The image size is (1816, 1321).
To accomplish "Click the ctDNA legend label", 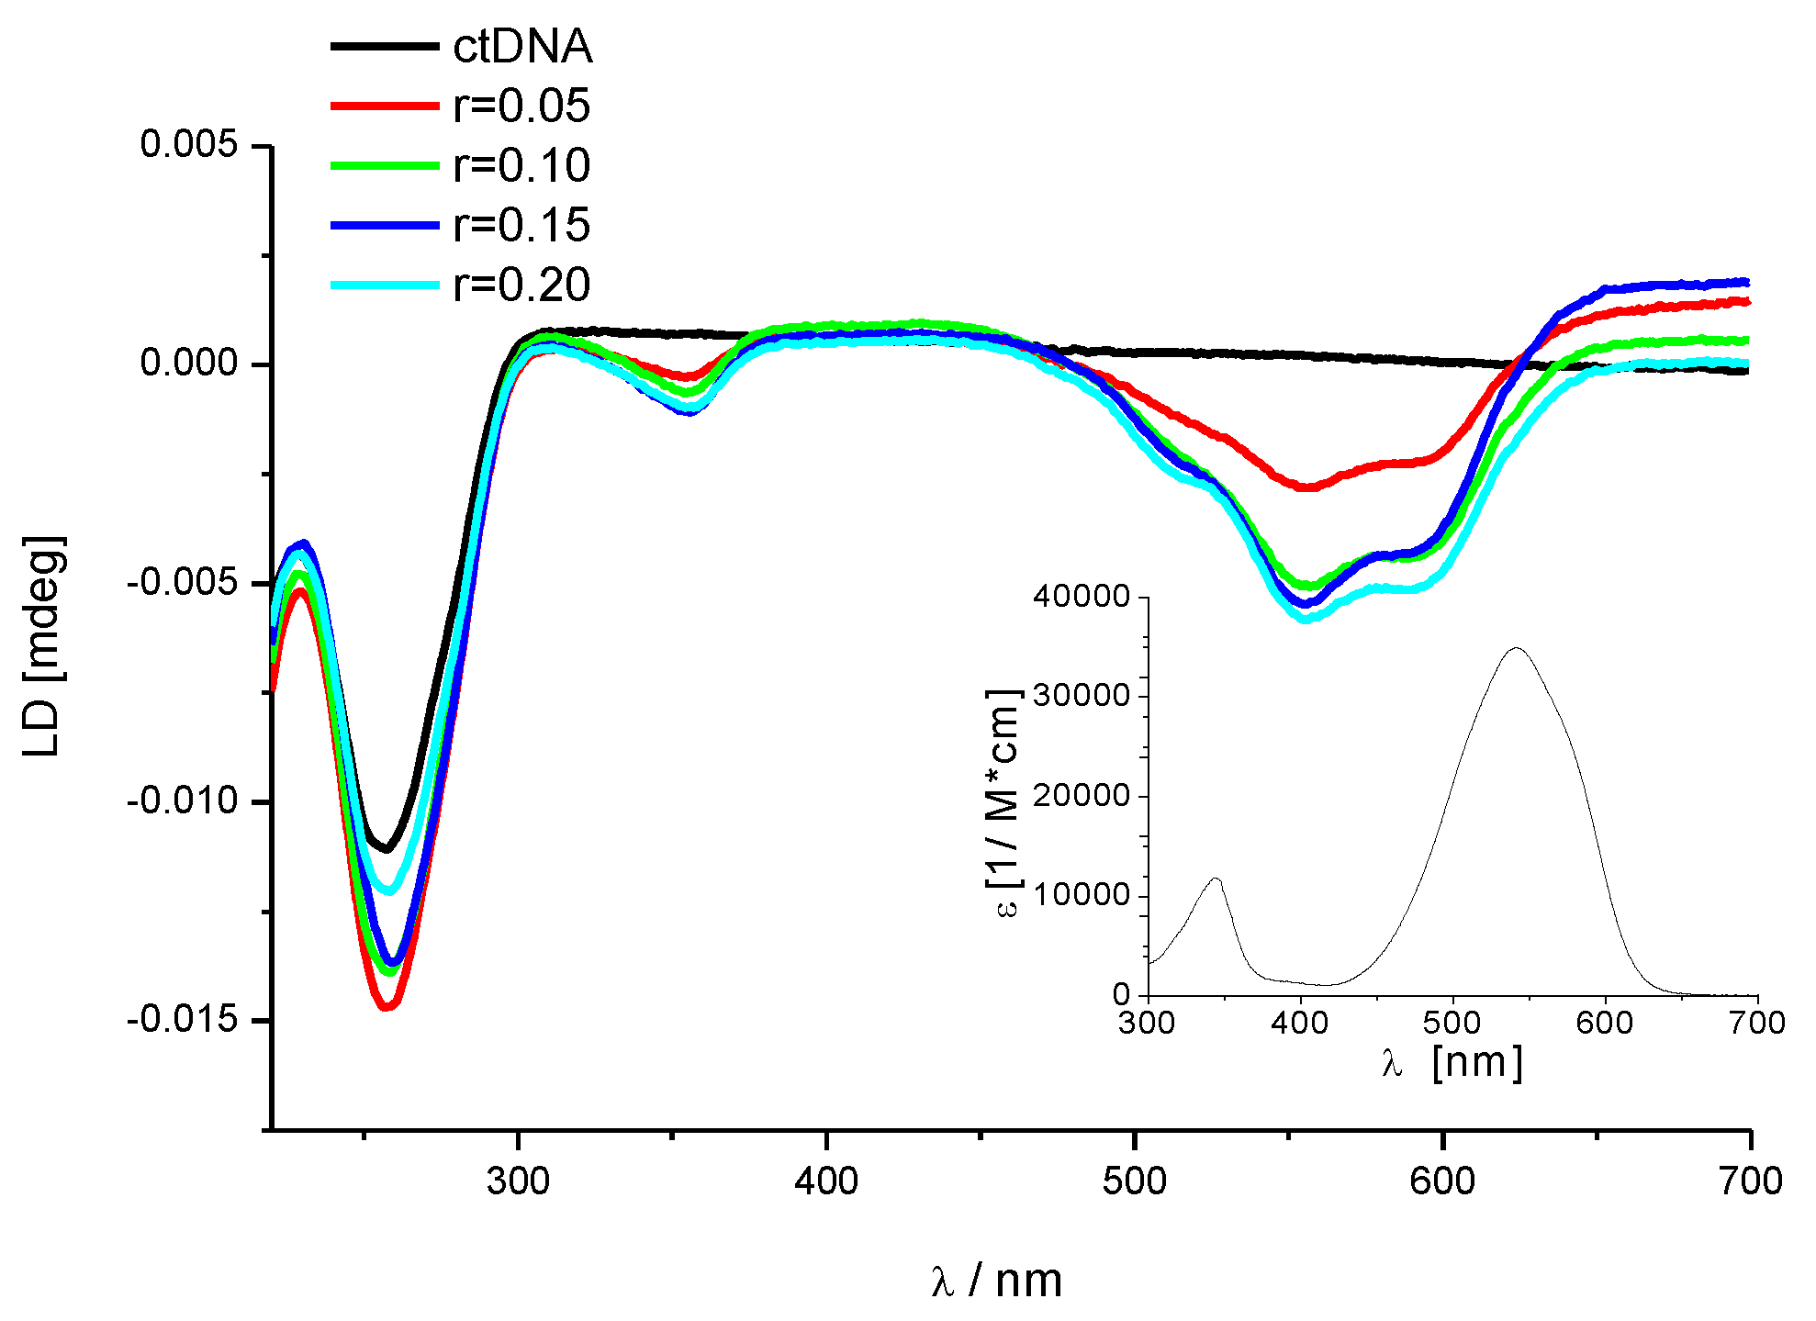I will coord(522,46).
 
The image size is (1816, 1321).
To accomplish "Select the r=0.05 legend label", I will coord(521,106).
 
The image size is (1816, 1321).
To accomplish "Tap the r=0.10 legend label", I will coord(521,165).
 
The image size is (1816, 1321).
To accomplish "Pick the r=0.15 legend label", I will coord(521,225).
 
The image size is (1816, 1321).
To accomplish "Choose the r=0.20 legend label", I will coord(521,285).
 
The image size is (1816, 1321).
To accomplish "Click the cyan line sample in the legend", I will coord(385,285).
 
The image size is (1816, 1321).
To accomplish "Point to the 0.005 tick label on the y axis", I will coord(188,144).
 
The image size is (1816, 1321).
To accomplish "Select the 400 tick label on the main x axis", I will coord(826,1181).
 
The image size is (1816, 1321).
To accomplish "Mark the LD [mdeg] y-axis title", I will coord(44,647).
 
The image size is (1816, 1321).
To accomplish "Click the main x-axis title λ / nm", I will coord(996,1280).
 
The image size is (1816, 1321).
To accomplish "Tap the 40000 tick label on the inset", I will coord(1081,597).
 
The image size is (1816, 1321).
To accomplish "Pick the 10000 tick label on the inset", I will coord(1081,895).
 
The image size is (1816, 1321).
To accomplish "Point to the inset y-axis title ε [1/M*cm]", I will coord(1003,803).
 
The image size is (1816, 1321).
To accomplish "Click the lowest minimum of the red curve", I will coord(387,1007).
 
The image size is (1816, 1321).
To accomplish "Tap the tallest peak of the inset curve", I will coord(1516,648).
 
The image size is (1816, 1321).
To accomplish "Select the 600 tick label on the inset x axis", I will coord(1604,1023).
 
